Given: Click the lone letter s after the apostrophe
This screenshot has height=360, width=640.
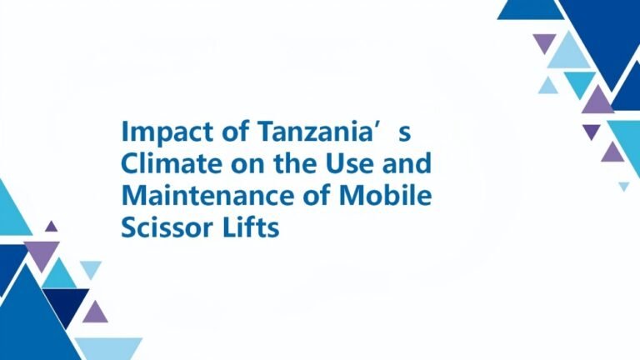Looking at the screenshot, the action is click(404, 134).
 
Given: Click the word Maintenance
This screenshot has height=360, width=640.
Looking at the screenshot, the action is click(208, 195).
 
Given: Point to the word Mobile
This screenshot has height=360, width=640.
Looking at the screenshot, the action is click(385, 195).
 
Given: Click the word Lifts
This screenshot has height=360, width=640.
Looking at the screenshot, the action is click(251, 227).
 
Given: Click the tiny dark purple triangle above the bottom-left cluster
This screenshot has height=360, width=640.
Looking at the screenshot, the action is click(51, 227).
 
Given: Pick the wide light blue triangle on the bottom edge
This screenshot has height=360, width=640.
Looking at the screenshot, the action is click(108, 348).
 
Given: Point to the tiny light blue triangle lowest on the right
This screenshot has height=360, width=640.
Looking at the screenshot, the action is click(623, 186).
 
